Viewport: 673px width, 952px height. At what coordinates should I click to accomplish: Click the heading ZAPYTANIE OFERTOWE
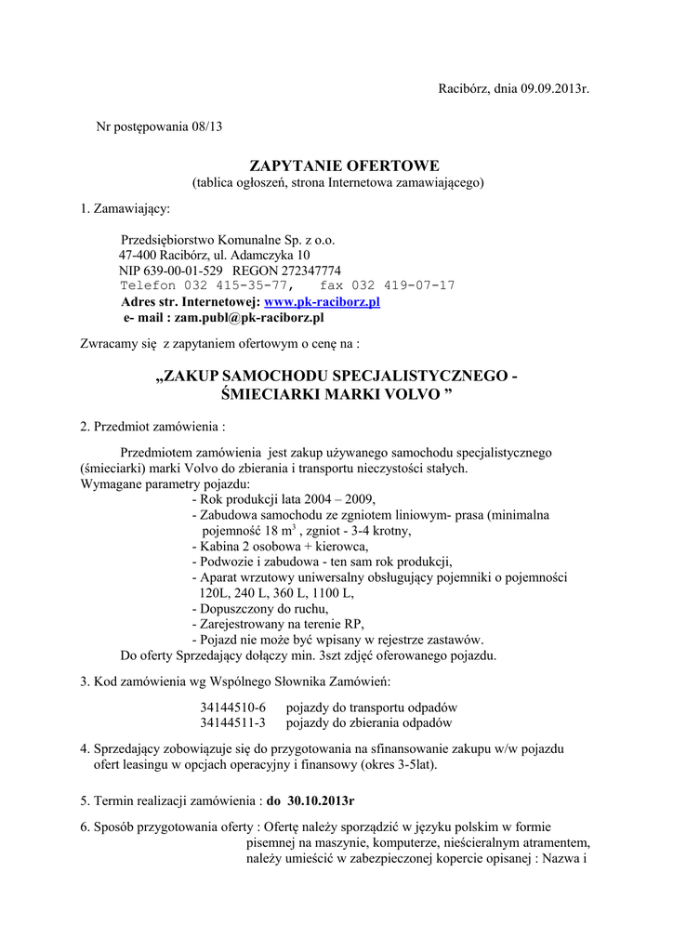[337, 165]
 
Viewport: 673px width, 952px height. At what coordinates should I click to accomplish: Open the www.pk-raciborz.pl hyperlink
[323, 302]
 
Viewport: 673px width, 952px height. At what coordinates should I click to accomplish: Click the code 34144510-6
[232, 707]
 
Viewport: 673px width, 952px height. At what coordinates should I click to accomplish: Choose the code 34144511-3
[232, 722]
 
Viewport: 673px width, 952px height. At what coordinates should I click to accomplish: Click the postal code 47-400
[138, 255]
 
